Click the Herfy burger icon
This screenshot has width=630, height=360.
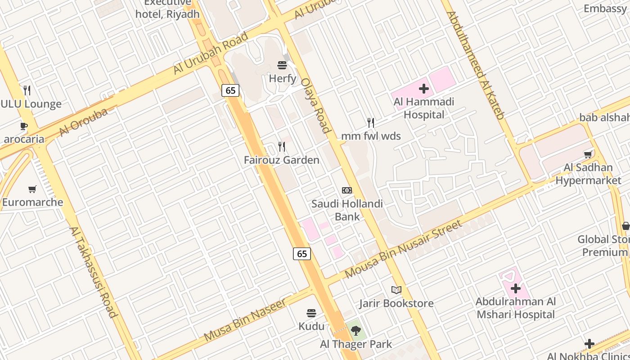click(282, 65)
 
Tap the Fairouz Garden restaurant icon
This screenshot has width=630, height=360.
click(282, 146)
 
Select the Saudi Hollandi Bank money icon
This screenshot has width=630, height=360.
click(347, 190)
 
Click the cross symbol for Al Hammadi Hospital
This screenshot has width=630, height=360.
click(423, 89)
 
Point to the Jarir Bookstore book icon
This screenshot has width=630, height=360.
click(396, 290)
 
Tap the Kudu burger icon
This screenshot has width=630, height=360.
click(311, 313)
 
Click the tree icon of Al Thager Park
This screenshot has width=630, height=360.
click(356, 331)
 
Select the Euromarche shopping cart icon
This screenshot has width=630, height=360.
click(32, 189)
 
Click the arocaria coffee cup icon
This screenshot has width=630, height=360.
click(24, 126)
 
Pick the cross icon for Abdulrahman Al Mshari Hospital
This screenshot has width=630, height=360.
click(516, 288)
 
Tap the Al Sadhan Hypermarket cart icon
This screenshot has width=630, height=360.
click(588, 155)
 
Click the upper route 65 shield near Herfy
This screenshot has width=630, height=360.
click(230, 90)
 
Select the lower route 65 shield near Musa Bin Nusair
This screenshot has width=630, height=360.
click(302, 254)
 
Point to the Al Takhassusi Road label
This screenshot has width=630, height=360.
click(93, 271)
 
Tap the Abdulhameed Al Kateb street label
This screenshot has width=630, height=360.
click(475, 65)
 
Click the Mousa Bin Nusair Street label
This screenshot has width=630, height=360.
click(404, 249)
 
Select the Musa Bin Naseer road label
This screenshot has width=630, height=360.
click(245, 320)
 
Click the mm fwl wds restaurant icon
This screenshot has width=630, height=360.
click(370, 122)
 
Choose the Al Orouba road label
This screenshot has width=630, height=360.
click(83, 121)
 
